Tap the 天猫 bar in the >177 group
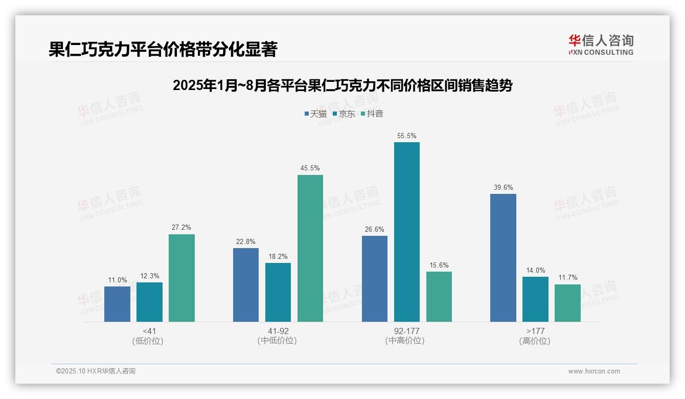(503, 258)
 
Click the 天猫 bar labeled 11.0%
(117, 304)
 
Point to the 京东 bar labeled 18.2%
(278, 292)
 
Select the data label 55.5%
(406, 136)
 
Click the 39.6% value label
(503, 188)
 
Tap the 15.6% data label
(439, 265)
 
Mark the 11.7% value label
(567, 278)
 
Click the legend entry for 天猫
(315, 114)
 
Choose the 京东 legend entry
(344, 114)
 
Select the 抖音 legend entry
(372, 114)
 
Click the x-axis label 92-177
(407, 331)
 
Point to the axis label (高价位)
(535, 341)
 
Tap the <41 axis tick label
(149, 331)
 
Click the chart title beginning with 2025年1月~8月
(342, 86)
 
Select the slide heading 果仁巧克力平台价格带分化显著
(163, 50)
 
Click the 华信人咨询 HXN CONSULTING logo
(601, 45)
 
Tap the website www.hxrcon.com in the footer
(594, 371)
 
